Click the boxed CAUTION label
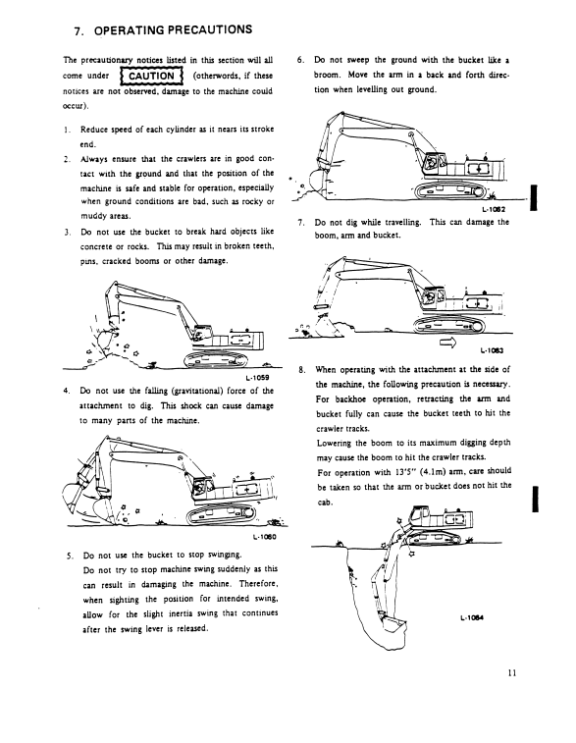[151, 76]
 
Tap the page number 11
[511, 673]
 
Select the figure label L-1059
[257, 378]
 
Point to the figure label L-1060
[264, 537]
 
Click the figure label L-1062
[494, 209]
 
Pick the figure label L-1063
[492, 350]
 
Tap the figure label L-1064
[472, 617]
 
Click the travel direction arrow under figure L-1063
[447, 343]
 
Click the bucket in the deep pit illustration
[393, 626]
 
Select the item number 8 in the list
[301, 370]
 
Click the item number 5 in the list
[70, 556]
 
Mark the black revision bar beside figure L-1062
[534, 197]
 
